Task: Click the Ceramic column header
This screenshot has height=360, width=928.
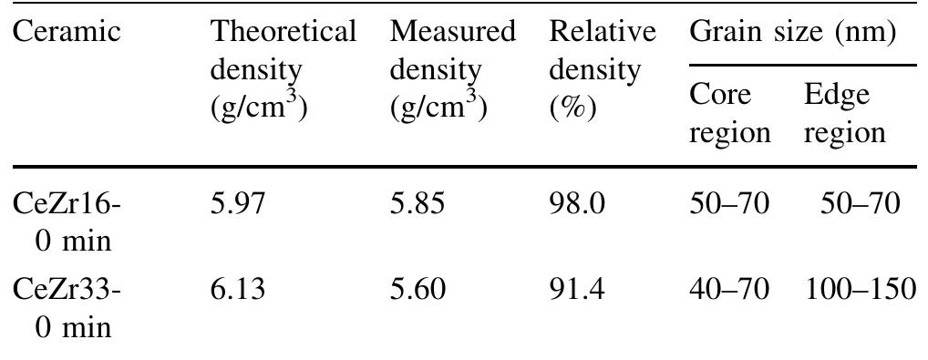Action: coord(67,33)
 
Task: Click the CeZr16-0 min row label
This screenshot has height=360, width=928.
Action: coord(67,221)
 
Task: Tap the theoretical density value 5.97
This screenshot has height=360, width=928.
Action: coord(239,204)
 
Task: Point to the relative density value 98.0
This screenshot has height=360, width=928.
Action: coord(577,204)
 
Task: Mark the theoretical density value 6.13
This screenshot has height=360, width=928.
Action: coord(239,291)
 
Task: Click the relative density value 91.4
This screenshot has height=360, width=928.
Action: coord(577,291)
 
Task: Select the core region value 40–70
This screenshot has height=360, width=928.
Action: coord(729,291)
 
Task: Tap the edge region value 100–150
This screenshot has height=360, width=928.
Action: coord(861,291)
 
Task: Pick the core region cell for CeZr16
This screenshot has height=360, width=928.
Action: coord(729,204)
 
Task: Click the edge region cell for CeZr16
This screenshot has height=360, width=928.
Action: coord(861,204)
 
